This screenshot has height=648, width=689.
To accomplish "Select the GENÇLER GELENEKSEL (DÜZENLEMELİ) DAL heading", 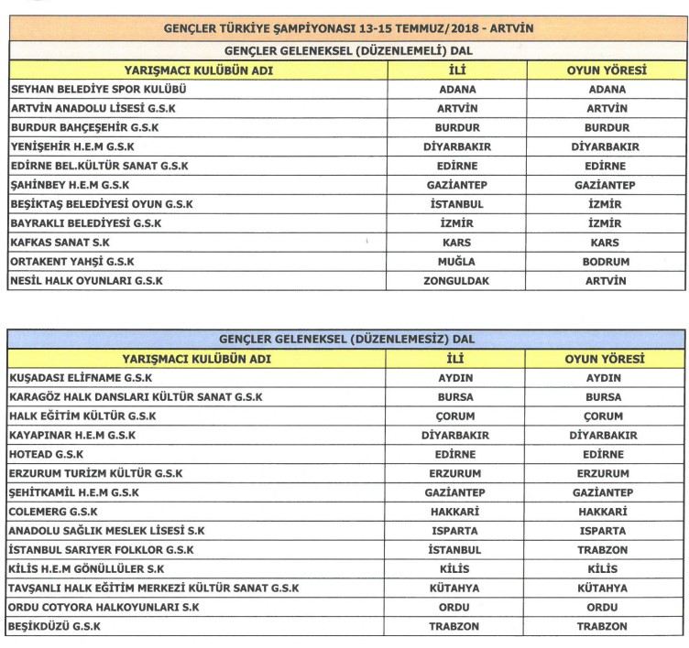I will pyautogui.click(x=347, y=50).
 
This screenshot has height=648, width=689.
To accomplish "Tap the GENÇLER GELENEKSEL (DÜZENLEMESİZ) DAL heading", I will pyautogui.click(x=347, y=340).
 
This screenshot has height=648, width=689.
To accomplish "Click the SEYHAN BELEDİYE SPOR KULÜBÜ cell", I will pyautogui.click(x=98, y=90).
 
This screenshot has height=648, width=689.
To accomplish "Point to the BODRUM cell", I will pyautogui.click(x=605, y=262).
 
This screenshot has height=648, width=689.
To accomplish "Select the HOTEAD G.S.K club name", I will pyautogui.click(x=45, y=454).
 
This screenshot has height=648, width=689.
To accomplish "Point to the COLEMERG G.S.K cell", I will pyautogui.click(x=53, y=512).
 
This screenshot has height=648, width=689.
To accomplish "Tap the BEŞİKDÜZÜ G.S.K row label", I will pyautogui.click(x=54, y=627).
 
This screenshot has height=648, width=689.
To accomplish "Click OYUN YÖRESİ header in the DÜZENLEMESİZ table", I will pyautogui.click(x=605, y=359).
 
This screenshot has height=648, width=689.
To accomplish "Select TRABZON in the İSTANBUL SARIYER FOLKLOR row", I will pyautogui.click(x=605, y=550).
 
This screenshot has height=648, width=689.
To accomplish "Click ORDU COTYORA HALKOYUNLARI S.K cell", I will pyautogui.click(x=104, y=608).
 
